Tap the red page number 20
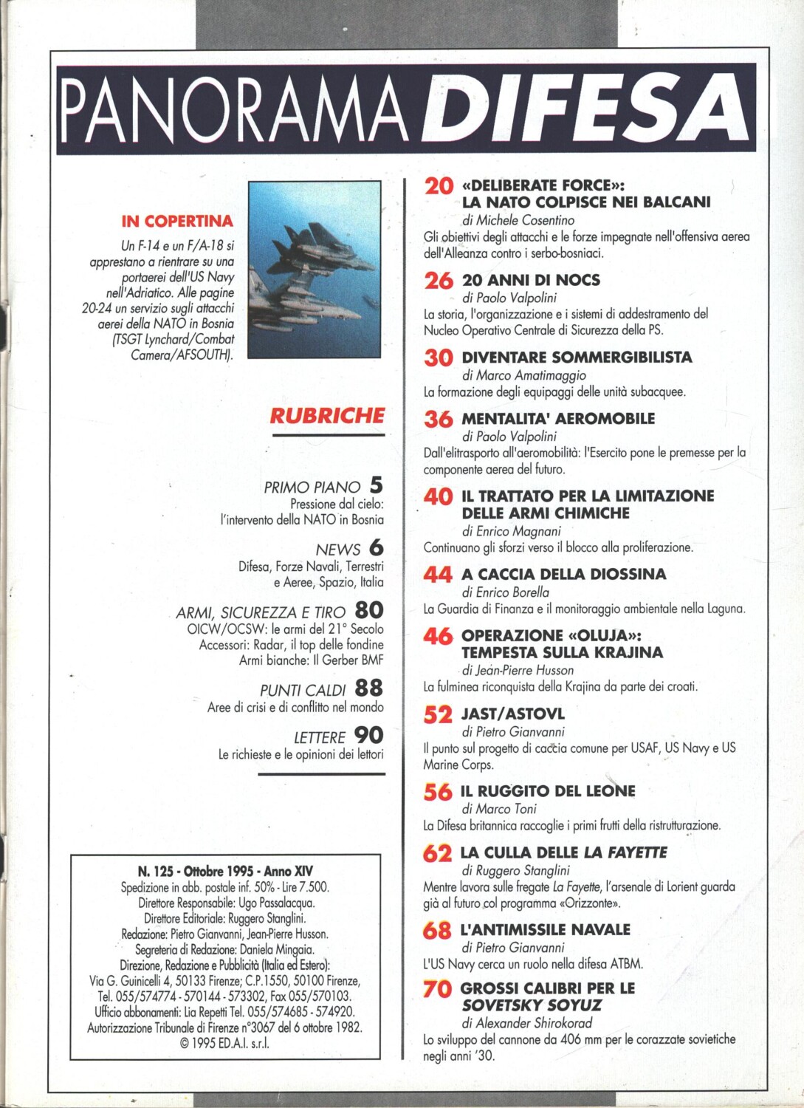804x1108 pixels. pos(439,186)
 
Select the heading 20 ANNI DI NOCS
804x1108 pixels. pos(531,280)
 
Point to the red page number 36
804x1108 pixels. pos(439,419)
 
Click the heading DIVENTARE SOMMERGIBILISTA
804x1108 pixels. pos(577,357)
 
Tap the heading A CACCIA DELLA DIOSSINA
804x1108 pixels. pos(563,574)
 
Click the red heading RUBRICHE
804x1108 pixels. pos(327,415)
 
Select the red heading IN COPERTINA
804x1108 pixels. pos(177,221)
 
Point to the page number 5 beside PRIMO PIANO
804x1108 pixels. pos(376,485)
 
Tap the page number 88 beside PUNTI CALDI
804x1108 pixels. pos(368,688)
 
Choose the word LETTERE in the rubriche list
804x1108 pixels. pos(319,737)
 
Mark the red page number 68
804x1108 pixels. pos(437,930)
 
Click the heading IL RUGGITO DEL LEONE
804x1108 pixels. pos(548,791)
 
